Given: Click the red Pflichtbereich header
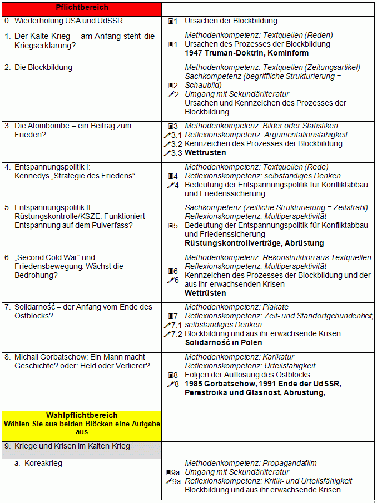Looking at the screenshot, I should [82, 8].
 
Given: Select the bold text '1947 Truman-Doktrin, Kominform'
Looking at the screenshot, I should [240, 53].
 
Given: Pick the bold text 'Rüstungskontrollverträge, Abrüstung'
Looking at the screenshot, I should [254, 243].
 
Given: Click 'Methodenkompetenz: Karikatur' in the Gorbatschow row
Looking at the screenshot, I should [239, 357].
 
